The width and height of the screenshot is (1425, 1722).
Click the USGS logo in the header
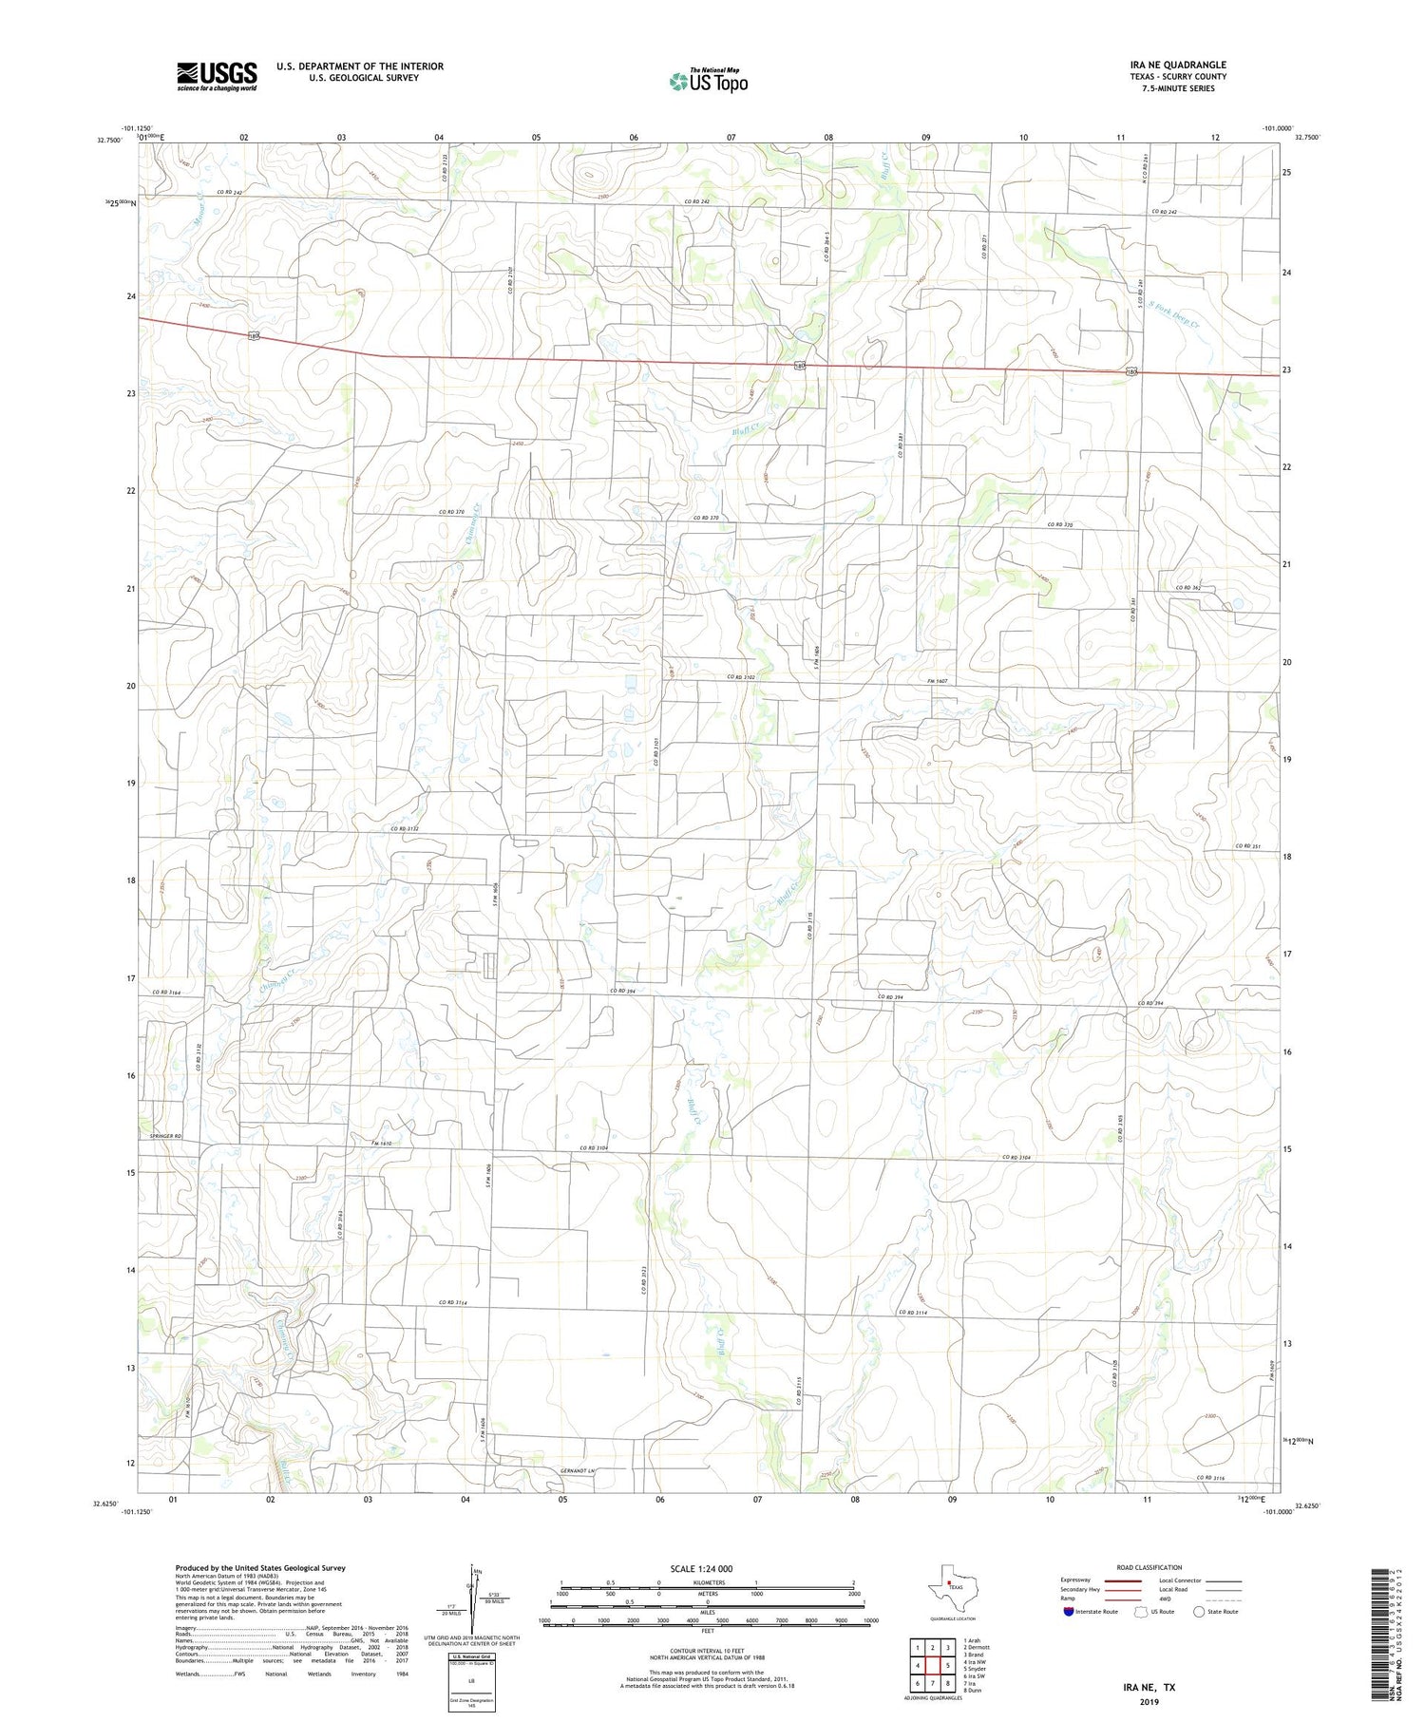click(216, 76)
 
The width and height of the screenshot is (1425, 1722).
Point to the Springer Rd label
click(164, 1137)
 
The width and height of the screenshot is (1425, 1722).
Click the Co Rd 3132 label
click(405, 829)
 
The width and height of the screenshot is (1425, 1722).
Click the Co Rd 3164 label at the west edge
click(166, 993)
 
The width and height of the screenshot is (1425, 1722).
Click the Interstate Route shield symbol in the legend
click(1069, 1612)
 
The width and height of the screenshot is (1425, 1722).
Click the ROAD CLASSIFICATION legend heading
click(1149, 1567)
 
